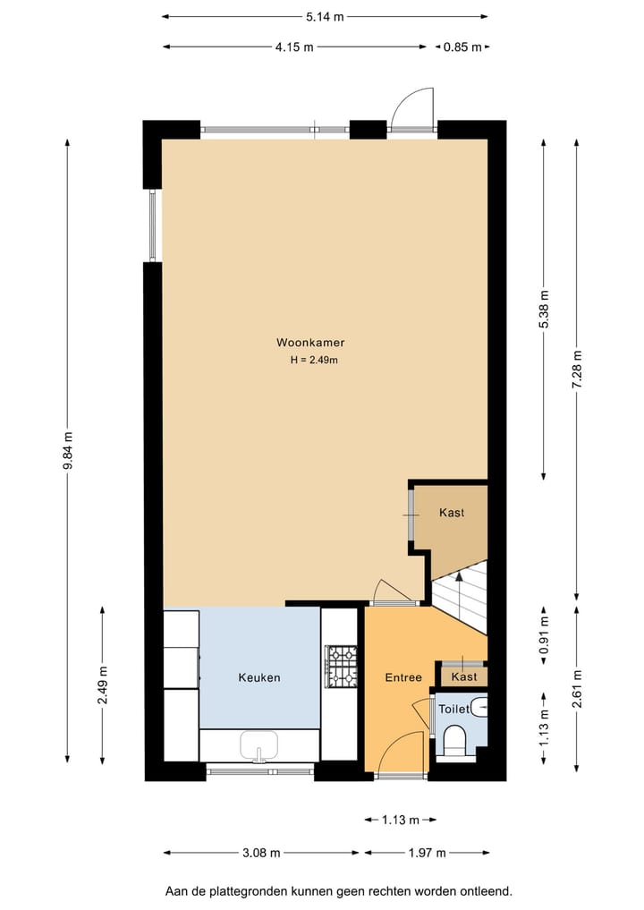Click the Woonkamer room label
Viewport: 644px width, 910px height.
[310, 342]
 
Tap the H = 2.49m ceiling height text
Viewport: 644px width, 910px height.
[313, 360]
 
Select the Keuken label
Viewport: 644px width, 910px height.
[258, 677]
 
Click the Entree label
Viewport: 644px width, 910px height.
[403, 677]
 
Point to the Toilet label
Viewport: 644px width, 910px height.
[454, 709]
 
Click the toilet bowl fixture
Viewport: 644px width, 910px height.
[455, 740]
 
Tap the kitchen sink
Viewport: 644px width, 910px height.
[259, 745]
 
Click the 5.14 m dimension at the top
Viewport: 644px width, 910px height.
[325, 16]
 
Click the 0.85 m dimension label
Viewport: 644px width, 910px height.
[462, 47]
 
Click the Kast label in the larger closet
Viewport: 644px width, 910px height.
[452, 513]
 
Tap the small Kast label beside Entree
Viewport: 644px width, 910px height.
[463, 677]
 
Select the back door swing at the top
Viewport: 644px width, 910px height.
[413, 109]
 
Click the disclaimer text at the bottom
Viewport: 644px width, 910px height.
[338, 891]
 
